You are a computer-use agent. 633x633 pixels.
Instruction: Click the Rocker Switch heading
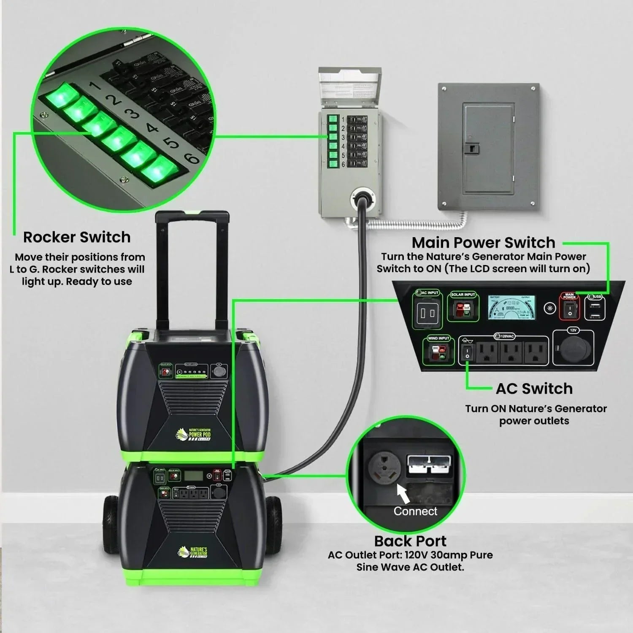click(77, 237)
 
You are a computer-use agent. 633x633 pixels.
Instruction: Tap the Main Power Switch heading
click(483, 243)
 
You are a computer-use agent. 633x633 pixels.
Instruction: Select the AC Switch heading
click(534, 389)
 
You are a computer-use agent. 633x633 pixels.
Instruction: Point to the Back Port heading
click(410, 541)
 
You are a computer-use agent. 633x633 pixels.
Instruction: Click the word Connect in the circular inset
click(415, 511)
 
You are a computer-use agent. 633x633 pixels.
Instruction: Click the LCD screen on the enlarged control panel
click(511, 307)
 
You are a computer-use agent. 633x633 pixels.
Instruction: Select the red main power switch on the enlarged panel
click(569, 310)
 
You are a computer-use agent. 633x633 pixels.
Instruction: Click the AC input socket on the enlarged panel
click(427, 313)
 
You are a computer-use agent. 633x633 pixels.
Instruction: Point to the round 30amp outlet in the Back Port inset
click(383, 467)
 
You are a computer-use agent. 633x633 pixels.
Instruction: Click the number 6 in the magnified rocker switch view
click(192, 158)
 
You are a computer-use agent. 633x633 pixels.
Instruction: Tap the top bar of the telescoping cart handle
click(192, 216)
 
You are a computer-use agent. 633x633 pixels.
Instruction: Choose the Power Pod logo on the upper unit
click(193, 434)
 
